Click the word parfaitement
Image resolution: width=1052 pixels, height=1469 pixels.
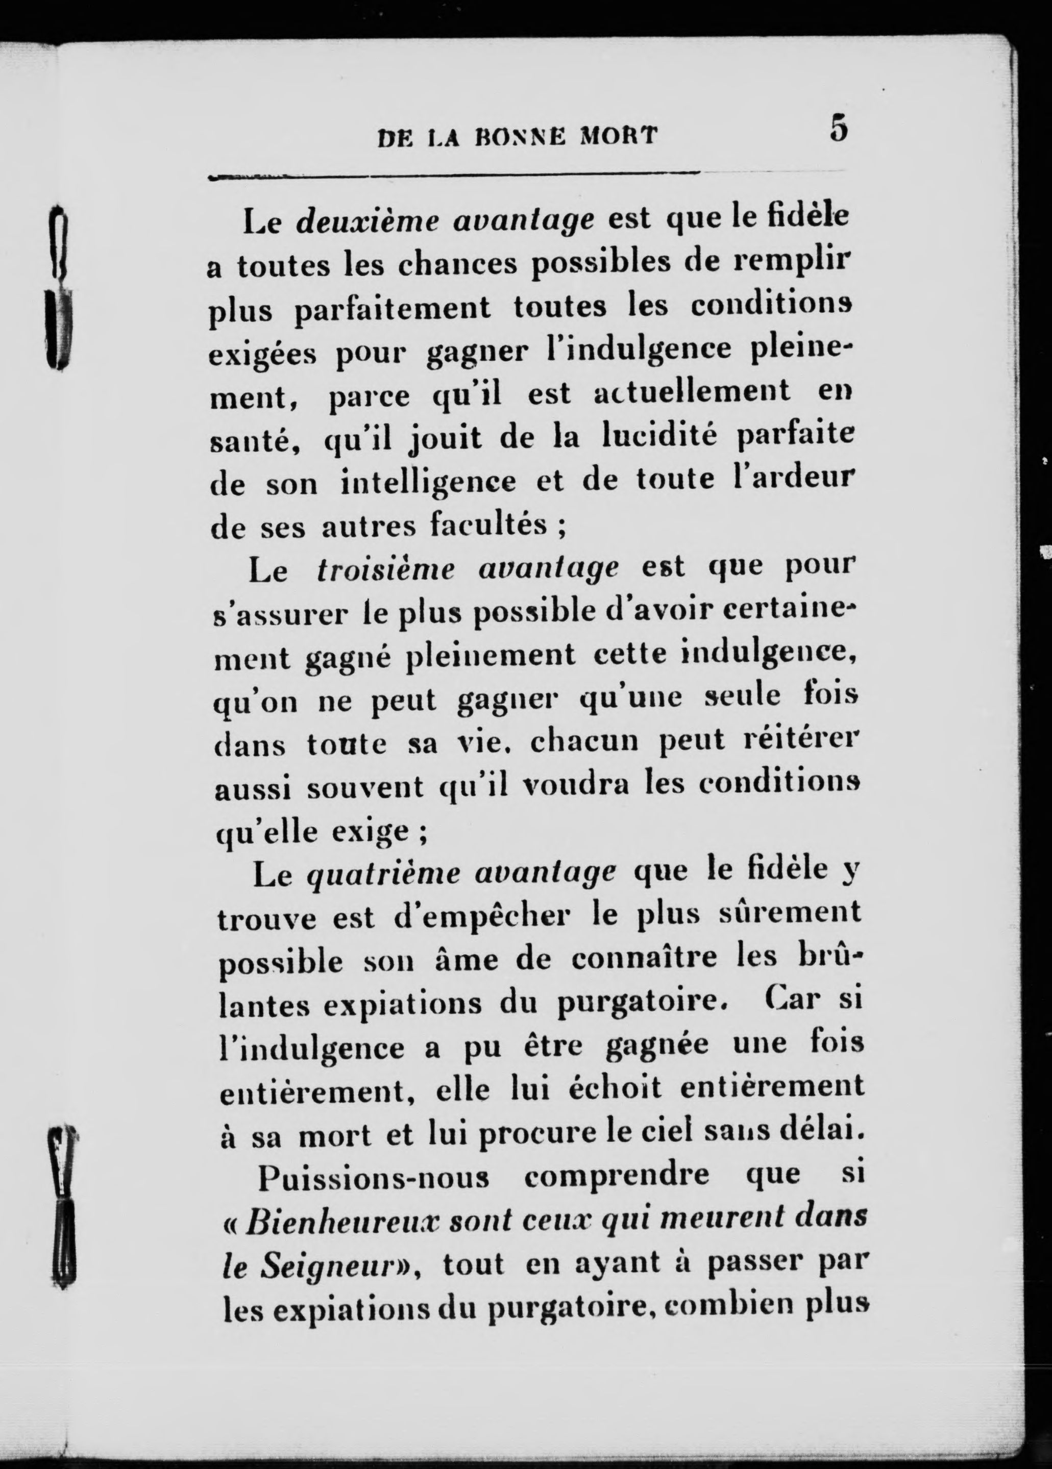tap(393, 308)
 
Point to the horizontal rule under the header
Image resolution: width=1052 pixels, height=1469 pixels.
tap(453, 175)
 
